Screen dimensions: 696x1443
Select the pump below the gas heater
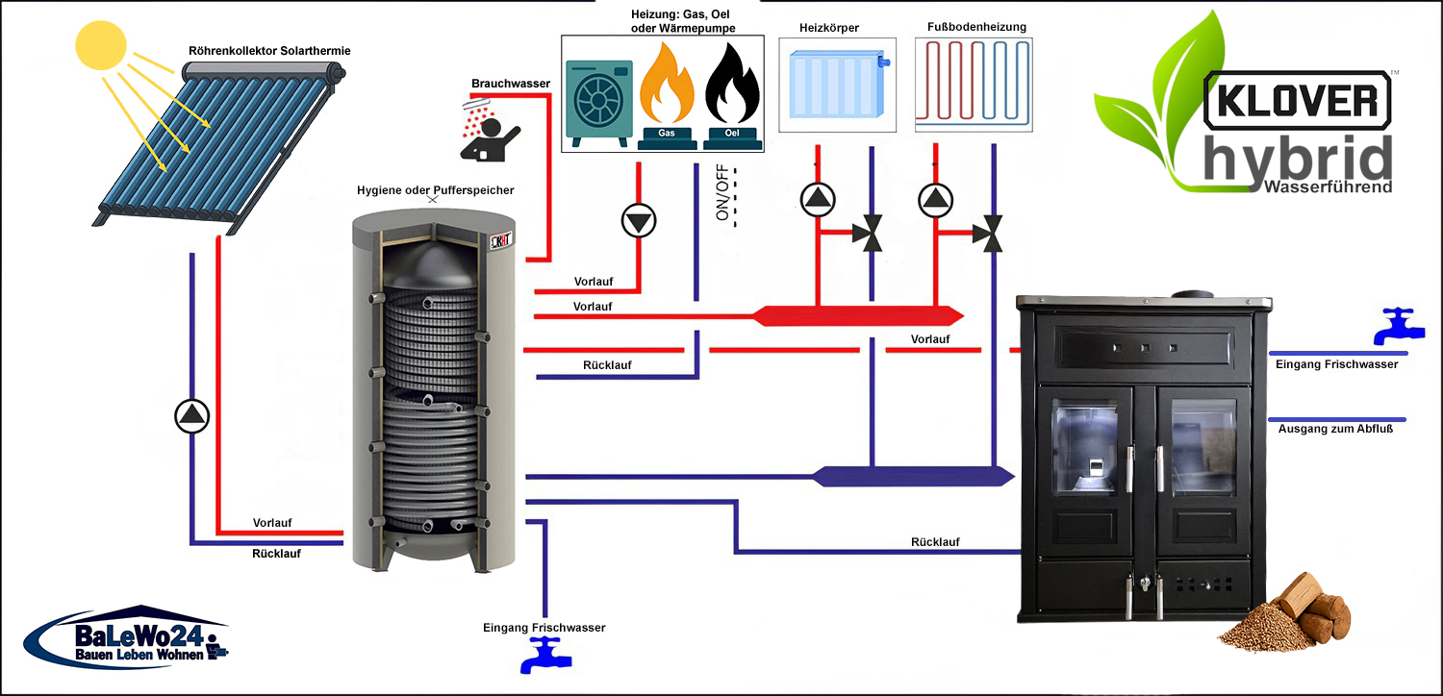(638, 221)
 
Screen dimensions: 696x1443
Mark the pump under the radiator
(818, 199)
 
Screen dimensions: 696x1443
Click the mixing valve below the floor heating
(989, 234)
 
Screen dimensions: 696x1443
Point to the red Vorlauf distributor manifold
(856, 314)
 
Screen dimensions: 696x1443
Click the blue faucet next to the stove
(1396, 326)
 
